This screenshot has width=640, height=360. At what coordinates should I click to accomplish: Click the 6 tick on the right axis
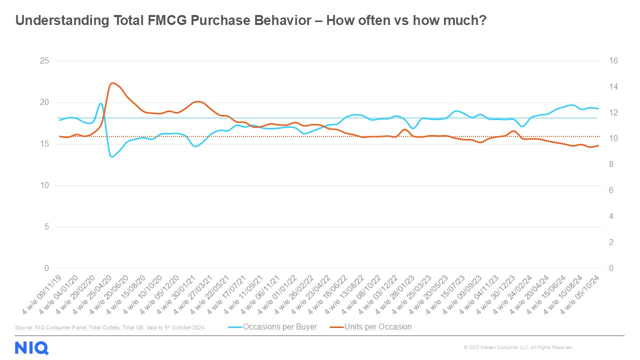[x=612, y=190]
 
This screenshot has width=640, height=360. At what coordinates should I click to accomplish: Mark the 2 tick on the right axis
[x=612, y=242]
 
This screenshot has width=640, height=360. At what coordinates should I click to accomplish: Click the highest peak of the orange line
[x=112, y=83]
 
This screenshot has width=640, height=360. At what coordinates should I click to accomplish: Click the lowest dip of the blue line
[x=111, y=156]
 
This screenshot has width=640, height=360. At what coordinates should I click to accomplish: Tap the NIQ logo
[x=31, y=347]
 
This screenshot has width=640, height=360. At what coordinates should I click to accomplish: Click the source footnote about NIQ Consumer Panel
[x=110, y=327]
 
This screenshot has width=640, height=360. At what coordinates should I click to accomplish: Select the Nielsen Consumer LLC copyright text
[x=518, y=347]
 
